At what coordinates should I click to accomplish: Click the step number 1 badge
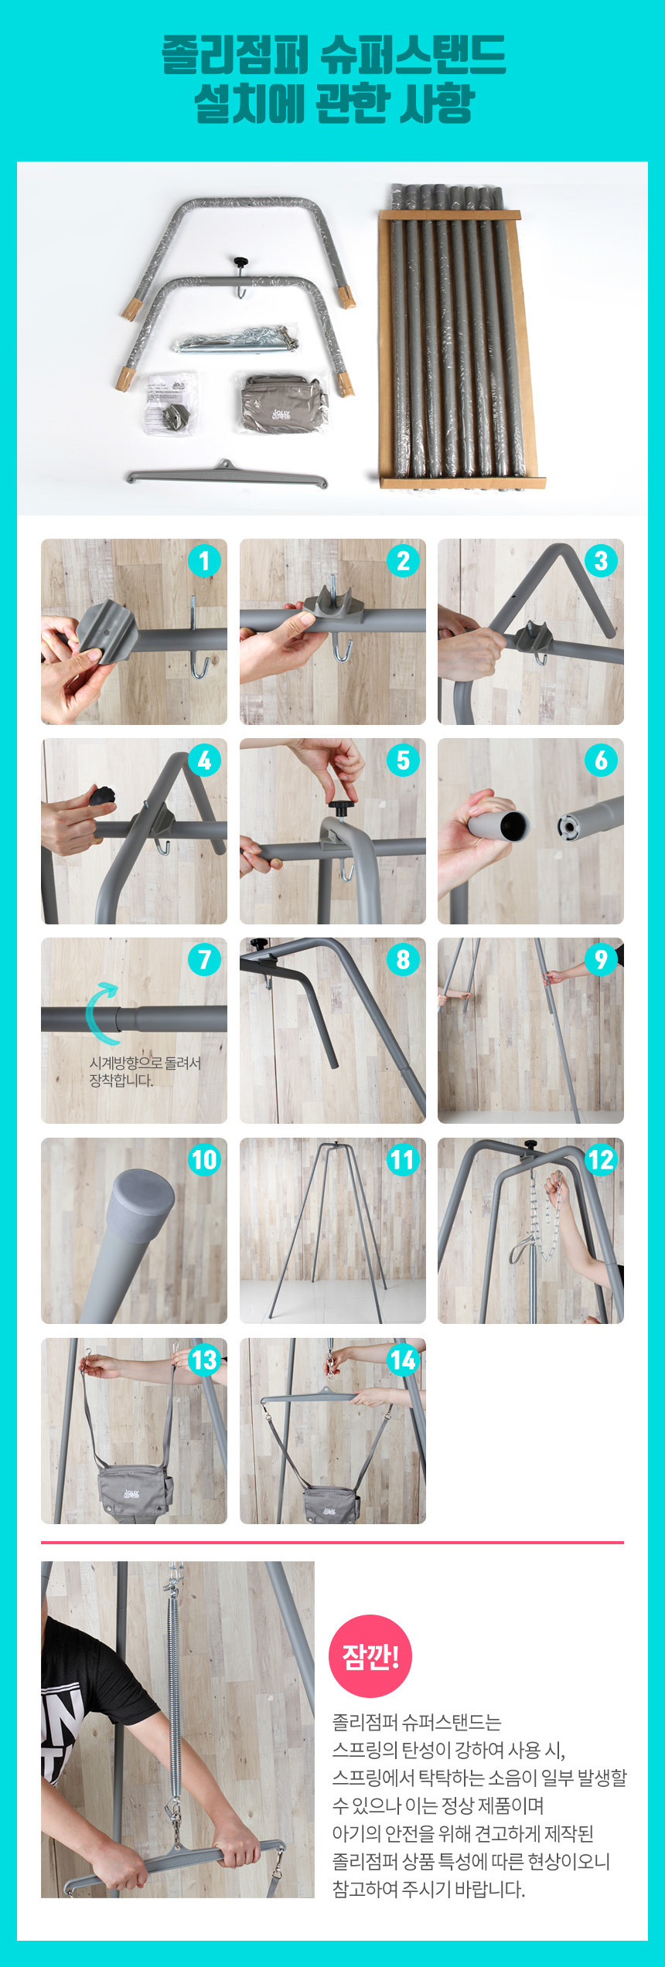204,560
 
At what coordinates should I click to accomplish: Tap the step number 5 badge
403,760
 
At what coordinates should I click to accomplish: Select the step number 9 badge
601,959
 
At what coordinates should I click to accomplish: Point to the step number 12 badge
601,1159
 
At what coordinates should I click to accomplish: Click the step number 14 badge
403,1360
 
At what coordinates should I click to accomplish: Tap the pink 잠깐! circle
370,1656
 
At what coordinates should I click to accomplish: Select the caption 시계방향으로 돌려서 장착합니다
145,1071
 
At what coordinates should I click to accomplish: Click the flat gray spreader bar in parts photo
227,475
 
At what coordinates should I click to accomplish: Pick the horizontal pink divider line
332,1543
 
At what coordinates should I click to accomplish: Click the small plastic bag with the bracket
170,403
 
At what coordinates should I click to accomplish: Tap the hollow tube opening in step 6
513,825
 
